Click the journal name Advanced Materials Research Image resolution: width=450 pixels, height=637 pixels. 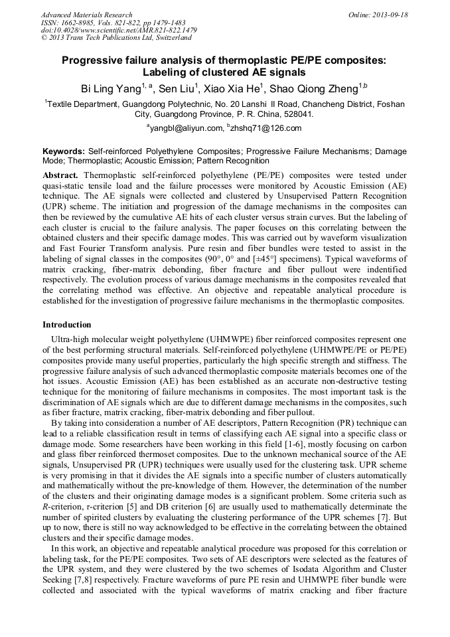86,15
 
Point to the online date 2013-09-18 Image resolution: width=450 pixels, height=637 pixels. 388,15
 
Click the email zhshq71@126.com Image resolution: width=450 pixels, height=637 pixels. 266,128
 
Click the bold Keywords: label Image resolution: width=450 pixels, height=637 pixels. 64,151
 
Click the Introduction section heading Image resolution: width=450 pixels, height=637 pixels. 67,325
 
